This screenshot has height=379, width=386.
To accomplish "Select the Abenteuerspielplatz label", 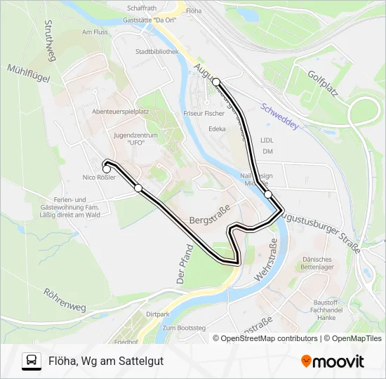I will [120, 112].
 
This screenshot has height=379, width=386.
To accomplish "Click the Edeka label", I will [217, 129].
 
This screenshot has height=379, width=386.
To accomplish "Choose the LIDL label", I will [267, 140].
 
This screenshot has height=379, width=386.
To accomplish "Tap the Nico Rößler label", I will [98, 178].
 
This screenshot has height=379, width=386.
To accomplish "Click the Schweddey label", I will [279, 116].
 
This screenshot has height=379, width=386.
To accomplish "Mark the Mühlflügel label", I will [28, 74].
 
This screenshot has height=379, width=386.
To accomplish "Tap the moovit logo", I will [333, 361].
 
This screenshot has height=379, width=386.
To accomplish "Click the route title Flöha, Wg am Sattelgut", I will [101, 361].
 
